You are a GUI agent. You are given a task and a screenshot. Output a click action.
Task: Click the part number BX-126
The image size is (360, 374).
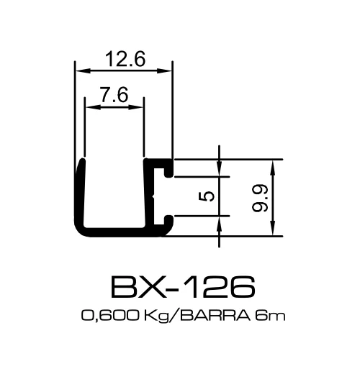point(183,286)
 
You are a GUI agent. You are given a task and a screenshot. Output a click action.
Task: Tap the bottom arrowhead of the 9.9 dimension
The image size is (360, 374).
point(274,229)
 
